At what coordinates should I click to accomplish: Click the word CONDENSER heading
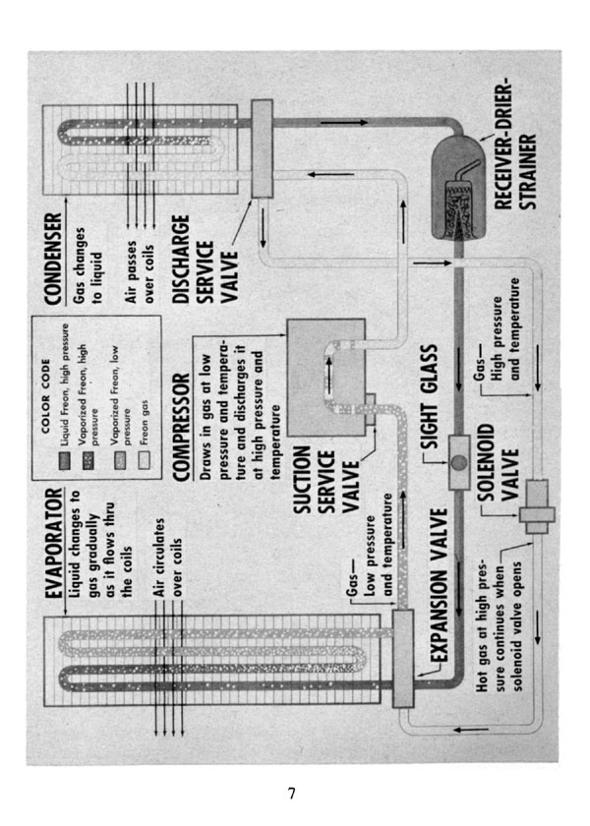click(x=53, y=259)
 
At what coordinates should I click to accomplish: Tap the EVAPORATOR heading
click(x=54, y=543)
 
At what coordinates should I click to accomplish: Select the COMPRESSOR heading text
click(x=181, y=427)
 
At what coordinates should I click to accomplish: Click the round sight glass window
click(x=459, y=462)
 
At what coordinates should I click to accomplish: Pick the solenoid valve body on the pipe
click(x=537, y=506)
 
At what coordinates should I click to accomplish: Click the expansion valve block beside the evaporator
click(x=403, y=658)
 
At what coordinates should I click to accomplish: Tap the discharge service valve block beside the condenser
click(x=262, y=148)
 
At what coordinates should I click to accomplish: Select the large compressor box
click(x=326, y=378)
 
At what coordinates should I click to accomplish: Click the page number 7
click(x=292, y=794)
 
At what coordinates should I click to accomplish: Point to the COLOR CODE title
click(x=45, y=396)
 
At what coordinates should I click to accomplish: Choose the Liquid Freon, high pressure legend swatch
click(x=65, y=460)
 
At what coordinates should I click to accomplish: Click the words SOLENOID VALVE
click(x=498, y=462)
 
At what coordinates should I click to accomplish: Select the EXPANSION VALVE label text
click(x=440, y=585)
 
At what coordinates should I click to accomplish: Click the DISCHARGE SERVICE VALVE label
click(x=206, y=259)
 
